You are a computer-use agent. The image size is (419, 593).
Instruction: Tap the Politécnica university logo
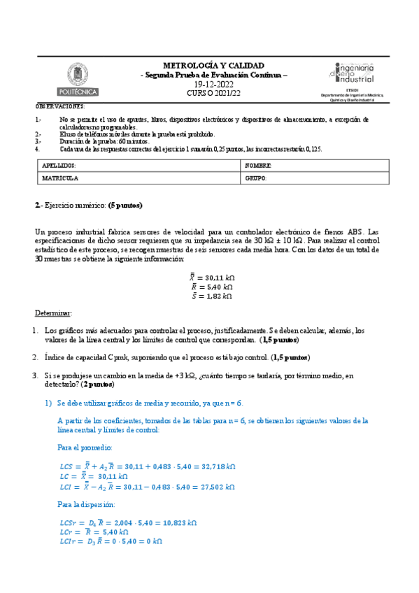(x=78, y=79)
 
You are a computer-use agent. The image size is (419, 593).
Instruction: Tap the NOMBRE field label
(x=258, y=165)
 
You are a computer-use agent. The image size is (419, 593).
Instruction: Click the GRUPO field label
(x=257, y=178)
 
